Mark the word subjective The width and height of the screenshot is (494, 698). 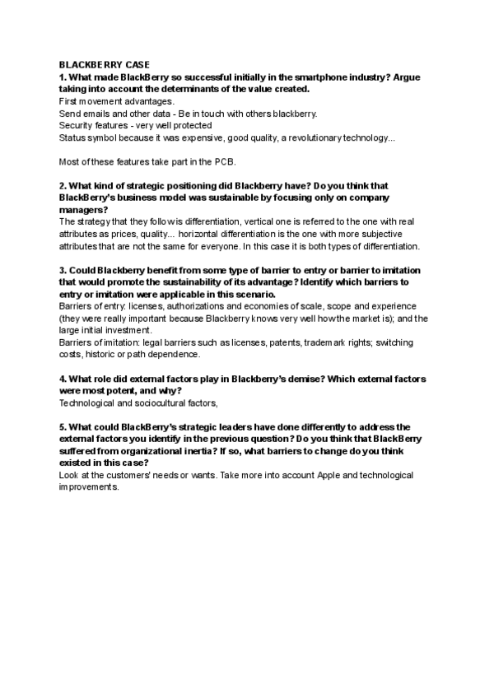(x=398, y=234)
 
